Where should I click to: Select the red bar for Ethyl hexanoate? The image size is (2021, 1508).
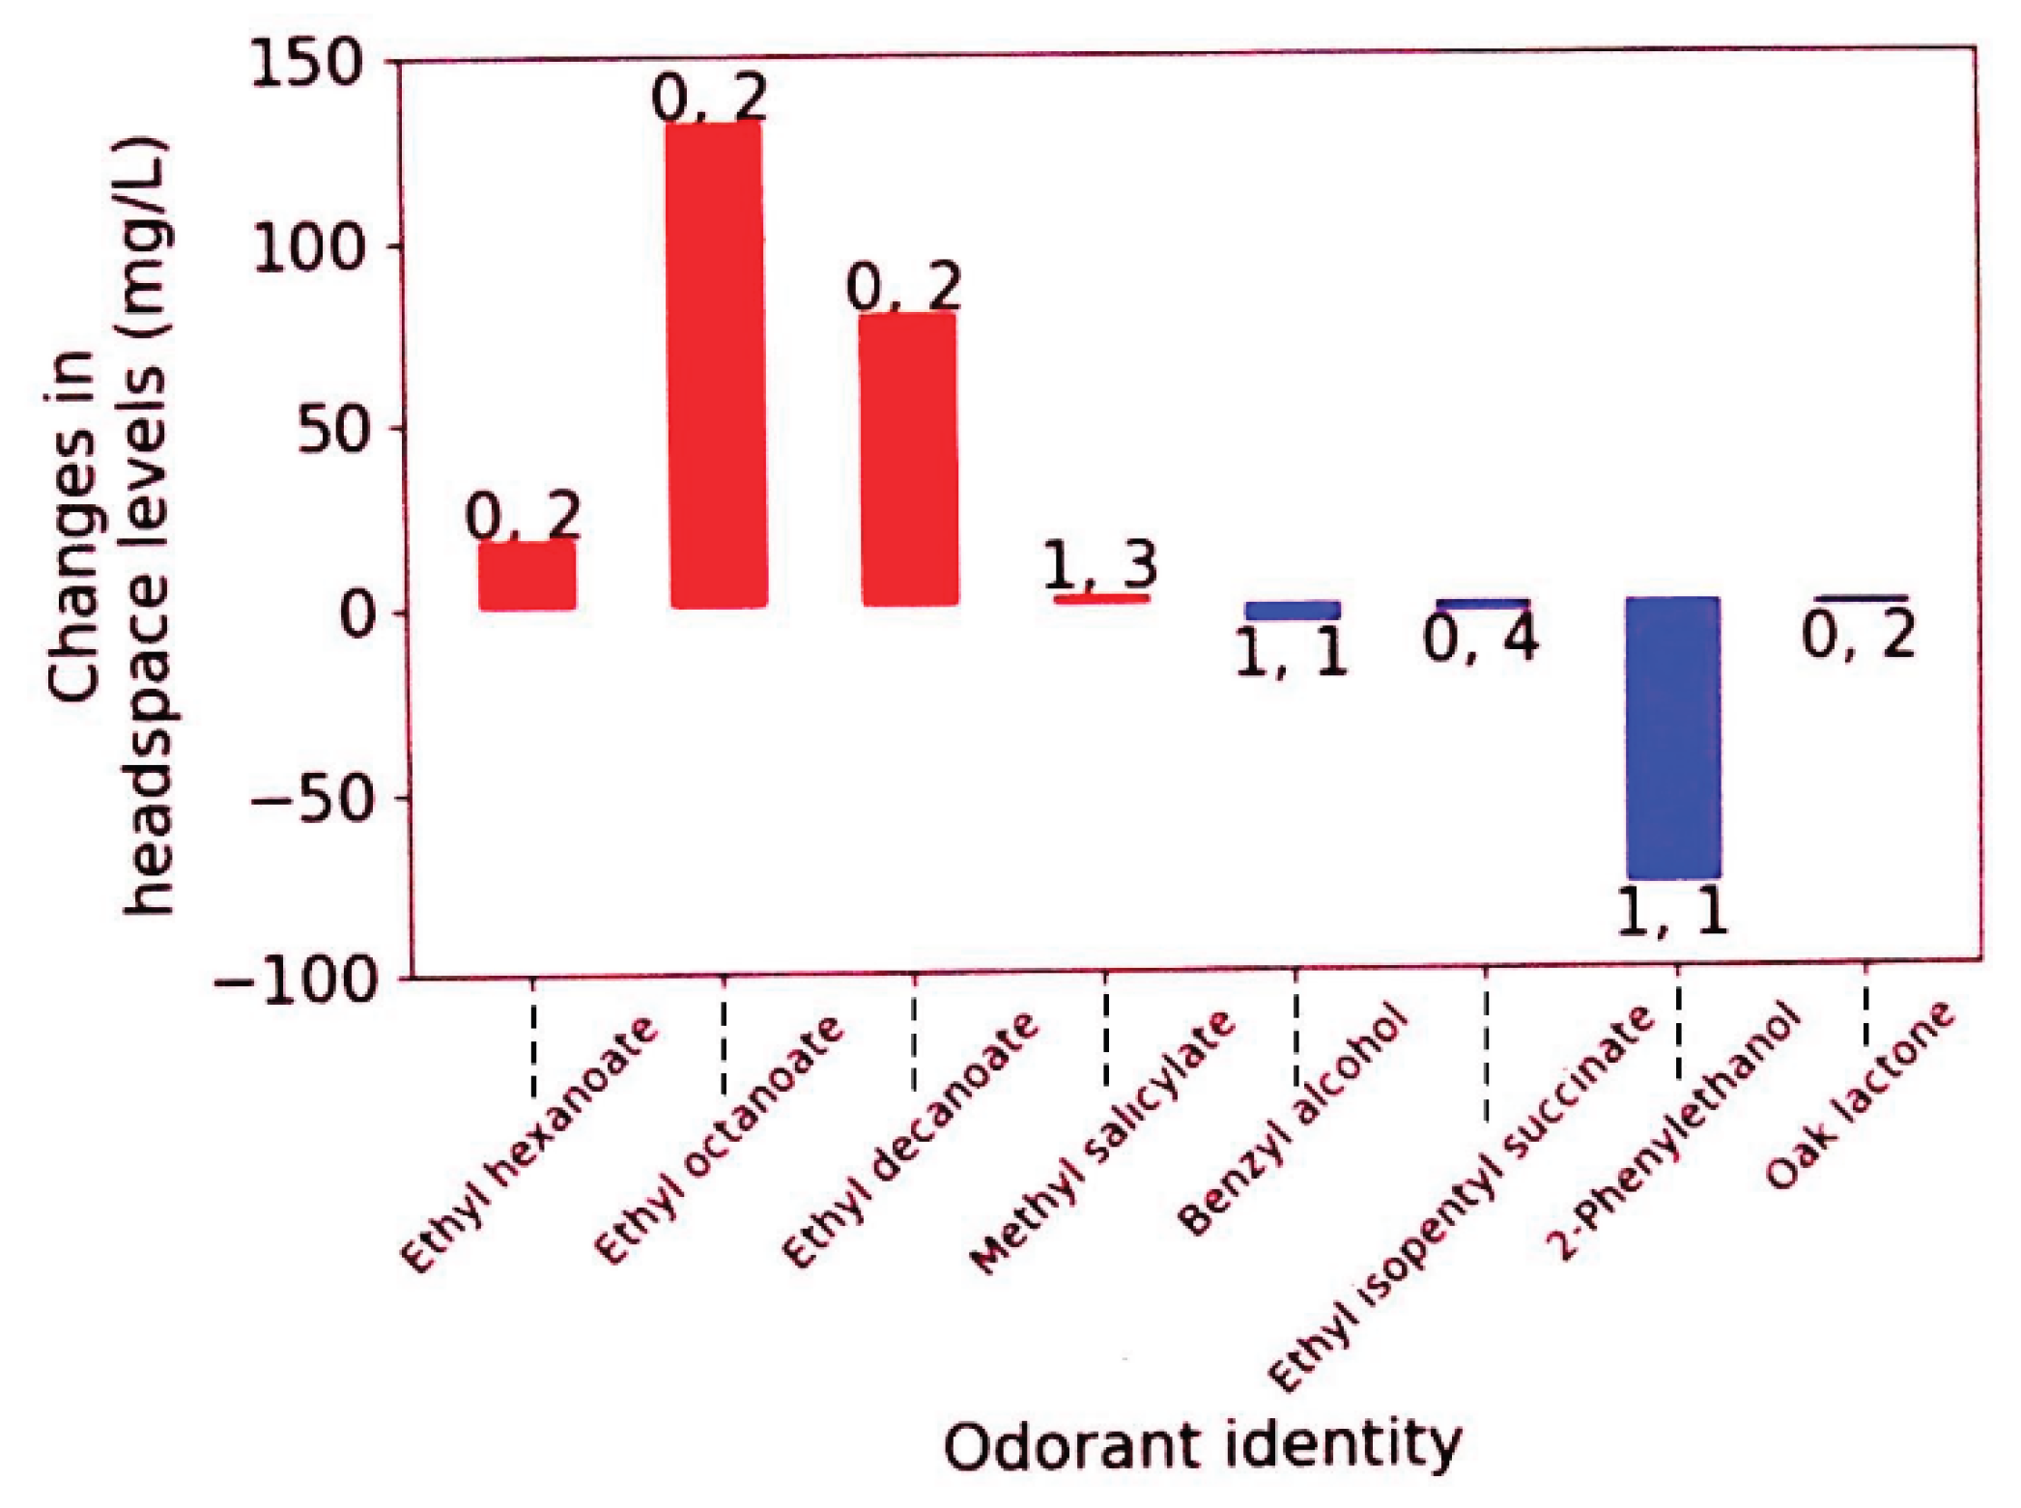coord(527,576)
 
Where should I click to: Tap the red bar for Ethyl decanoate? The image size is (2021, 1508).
coord(909,459)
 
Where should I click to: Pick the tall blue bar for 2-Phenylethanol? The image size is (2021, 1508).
coord(1673,737)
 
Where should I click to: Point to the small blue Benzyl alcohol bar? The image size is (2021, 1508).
coord(1293,611)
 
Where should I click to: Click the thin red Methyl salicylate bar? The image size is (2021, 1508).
coord(1101,599)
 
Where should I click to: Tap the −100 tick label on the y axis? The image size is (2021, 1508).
coord(294,983)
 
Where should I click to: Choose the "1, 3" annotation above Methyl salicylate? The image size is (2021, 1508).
coord(1100,564)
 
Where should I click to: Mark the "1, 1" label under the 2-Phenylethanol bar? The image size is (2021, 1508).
coord(1671,911)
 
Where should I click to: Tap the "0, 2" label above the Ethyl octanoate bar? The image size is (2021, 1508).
coord(710,97)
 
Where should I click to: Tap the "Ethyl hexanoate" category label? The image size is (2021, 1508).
coord(528,1145)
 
